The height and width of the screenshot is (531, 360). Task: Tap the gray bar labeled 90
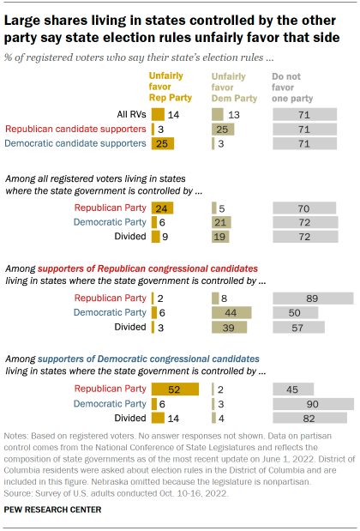pos(313,404)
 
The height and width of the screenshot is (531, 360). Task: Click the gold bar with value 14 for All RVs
pos(158,113)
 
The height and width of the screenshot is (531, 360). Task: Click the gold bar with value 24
pos(162,208)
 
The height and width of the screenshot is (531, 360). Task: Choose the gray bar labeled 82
pos(309,419)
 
